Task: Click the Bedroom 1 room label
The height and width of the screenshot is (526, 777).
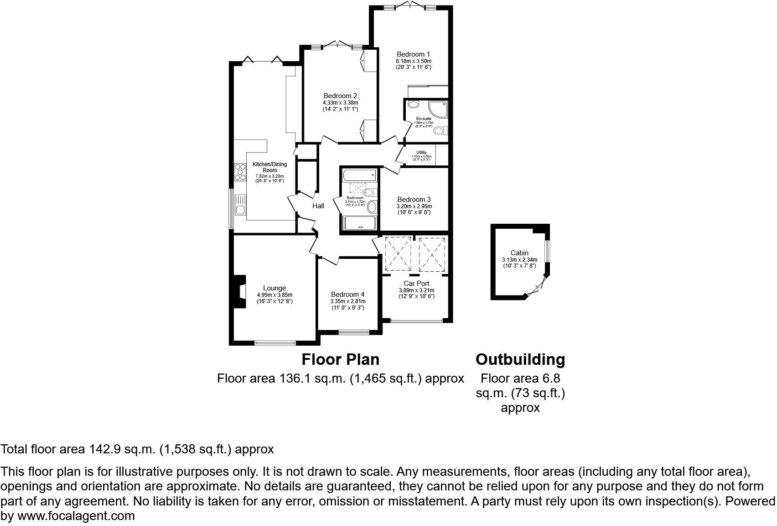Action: click(x=413, y=54)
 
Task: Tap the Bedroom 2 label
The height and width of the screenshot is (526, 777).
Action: click(x=340, y=96)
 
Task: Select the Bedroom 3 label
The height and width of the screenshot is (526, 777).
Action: click(x=414, y=200)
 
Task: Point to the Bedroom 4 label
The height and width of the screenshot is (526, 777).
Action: click(x=347, y=295)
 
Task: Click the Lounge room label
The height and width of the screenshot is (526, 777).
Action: click(x=275, y=288)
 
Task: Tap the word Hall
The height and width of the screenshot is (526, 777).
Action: click(x=318, y=206)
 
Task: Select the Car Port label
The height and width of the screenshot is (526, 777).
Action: click(x=416, y=284)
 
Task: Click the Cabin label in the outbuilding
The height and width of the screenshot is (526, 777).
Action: click(x=519, y=253)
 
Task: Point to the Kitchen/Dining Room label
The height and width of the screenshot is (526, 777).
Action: click(x=269, y=167)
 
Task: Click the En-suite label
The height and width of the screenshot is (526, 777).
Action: click(x=424, y=119)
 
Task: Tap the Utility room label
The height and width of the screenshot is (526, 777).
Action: click(x=421, y=153)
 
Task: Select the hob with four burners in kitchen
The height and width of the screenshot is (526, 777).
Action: click(x=239, y=173)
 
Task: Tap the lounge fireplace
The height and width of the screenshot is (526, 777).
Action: click(x=239, y=292)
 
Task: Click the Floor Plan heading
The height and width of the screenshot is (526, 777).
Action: click(x=341, y=359)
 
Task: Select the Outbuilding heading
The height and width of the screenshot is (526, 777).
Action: click(x=520, y=359)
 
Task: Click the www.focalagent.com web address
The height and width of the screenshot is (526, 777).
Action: click(x=76, y=516)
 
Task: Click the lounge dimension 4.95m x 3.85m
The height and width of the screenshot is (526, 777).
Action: click(x=275, y=295)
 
